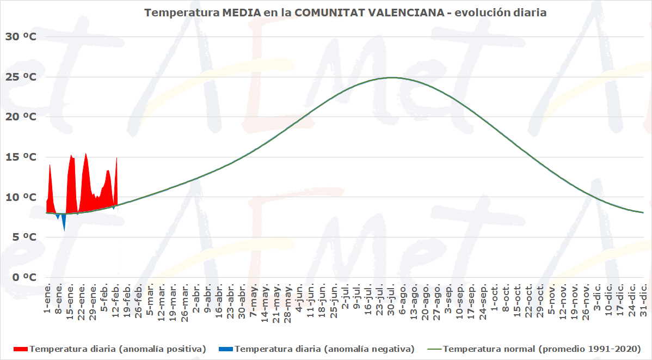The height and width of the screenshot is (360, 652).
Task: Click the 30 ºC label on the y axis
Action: pyautogui.click(x=21, y=36)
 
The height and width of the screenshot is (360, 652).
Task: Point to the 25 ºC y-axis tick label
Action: pyautogui.click(x=21, y=77)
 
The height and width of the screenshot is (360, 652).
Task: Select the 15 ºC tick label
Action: pyautogui.click(x=21, y=157)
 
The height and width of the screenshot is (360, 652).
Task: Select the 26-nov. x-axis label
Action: pyautogui.click(x=586, y=298)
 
